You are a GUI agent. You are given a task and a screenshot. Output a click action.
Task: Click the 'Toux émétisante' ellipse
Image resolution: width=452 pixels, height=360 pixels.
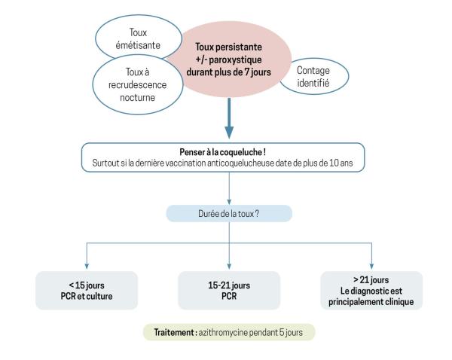139,38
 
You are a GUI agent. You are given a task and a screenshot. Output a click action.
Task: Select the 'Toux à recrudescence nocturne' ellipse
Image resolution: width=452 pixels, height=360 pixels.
138,85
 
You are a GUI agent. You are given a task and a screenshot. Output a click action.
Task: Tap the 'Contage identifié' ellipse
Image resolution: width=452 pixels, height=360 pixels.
314,76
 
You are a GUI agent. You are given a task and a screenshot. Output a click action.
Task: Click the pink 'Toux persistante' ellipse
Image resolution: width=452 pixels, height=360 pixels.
228,59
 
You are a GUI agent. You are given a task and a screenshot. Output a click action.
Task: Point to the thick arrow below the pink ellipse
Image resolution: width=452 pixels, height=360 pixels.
229,118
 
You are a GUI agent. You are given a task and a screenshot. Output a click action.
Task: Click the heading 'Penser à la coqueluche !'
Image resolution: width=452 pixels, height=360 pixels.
222,152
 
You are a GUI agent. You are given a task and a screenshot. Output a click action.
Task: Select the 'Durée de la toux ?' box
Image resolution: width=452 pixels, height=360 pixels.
229,214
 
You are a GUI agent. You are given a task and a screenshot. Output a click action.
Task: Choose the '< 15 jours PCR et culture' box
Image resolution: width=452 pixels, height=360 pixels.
87,291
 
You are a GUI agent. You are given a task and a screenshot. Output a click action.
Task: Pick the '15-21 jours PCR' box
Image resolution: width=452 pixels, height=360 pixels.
229,291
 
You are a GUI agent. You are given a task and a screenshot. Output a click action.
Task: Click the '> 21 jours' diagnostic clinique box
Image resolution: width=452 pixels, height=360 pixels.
371,291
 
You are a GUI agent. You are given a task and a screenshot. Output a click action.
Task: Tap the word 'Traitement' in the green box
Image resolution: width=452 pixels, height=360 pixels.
174,332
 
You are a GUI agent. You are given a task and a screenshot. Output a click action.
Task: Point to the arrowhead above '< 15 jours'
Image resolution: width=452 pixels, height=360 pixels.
87,266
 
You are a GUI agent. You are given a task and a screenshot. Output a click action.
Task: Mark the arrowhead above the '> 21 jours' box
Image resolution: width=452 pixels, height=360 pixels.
371,266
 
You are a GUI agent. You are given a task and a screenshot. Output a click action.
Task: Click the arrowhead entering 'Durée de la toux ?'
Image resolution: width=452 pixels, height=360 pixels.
229,202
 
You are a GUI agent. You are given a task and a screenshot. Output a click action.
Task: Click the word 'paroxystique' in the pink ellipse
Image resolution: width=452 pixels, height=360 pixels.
236,59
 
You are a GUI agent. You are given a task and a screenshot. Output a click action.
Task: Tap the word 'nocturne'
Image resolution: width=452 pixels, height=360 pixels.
138,97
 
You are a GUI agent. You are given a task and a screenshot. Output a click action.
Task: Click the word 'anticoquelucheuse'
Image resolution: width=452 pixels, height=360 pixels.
241,163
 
